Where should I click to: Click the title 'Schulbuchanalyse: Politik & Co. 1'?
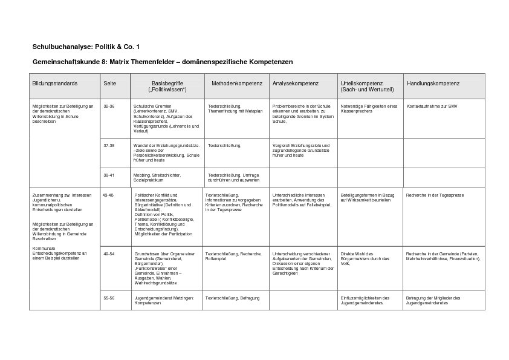(86, 47)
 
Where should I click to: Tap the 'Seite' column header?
(109, 82)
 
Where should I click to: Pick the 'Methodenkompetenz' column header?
(236, 82)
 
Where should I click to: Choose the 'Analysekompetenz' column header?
(296, 82)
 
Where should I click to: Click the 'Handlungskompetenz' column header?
(433, 82)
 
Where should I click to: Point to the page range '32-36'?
(109, 106)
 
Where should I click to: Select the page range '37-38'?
(109, 145)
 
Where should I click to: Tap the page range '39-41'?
(109, 175)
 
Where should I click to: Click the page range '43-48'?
(108, 195)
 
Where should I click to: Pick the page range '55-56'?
(109, 298)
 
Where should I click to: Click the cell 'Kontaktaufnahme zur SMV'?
(432, 106)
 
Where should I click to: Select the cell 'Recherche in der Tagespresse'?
(435, 195)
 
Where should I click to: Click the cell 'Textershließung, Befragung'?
(229, 298)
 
